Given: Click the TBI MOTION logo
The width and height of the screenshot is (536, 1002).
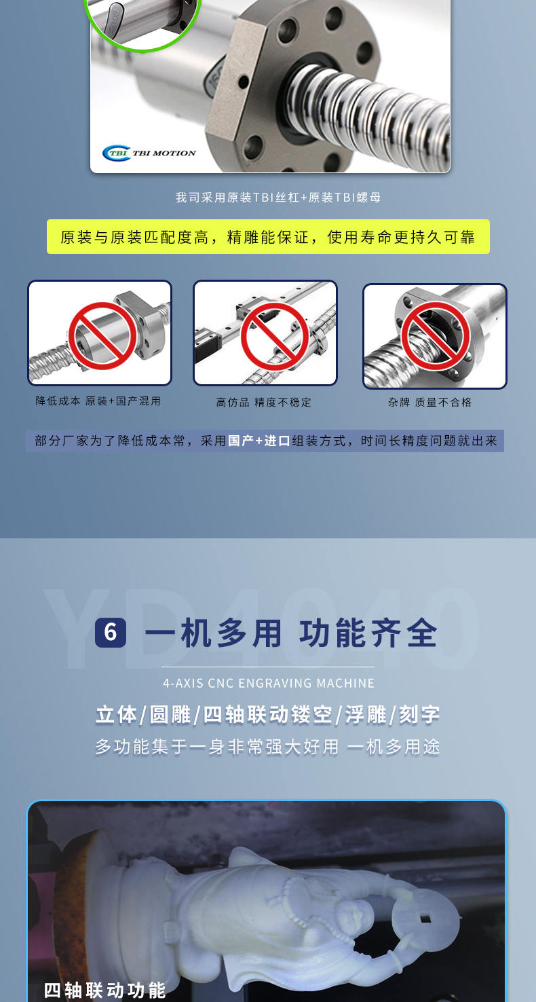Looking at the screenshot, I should click(149, 153).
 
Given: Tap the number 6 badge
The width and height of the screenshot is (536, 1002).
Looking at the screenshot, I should click(111, 633).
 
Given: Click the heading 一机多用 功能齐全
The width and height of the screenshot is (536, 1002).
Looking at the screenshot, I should click(291, 633).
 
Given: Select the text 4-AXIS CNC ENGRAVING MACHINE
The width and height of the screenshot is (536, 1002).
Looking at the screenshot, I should click(269, 683).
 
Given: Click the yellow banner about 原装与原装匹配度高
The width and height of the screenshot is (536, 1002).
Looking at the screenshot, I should click(268, 237).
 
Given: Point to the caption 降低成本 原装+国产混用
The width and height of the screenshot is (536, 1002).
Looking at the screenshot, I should click(98, 401).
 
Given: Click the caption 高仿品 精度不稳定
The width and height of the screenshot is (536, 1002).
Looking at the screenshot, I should click(264, 403).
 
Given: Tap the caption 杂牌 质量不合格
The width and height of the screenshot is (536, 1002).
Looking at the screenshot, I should click(429, 403).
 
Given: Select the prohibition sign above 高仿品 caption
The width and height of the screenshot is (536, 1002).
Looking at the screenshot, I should click(275, 335).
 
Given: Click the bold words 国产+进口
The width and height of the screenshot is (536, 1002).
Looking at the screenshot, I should click(259, 441).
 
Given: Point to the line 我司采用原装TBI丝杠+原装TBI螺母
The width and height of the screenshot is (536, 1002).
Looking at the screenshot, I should click(278, 198).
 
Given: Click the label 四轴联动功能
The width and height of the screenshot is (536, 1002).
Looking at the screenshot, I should click(105, 990).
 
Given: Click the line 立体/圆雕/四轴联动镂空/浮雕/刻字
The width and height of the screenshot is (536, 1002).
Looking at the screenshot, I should click(268, 715).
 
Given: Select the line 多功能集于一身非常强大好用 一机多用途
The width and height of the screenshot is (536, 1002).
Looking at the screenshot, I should click(268, 747).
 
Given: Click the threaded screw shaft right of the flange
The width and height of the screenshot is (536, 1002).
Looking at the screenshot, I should click(380, 102).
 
